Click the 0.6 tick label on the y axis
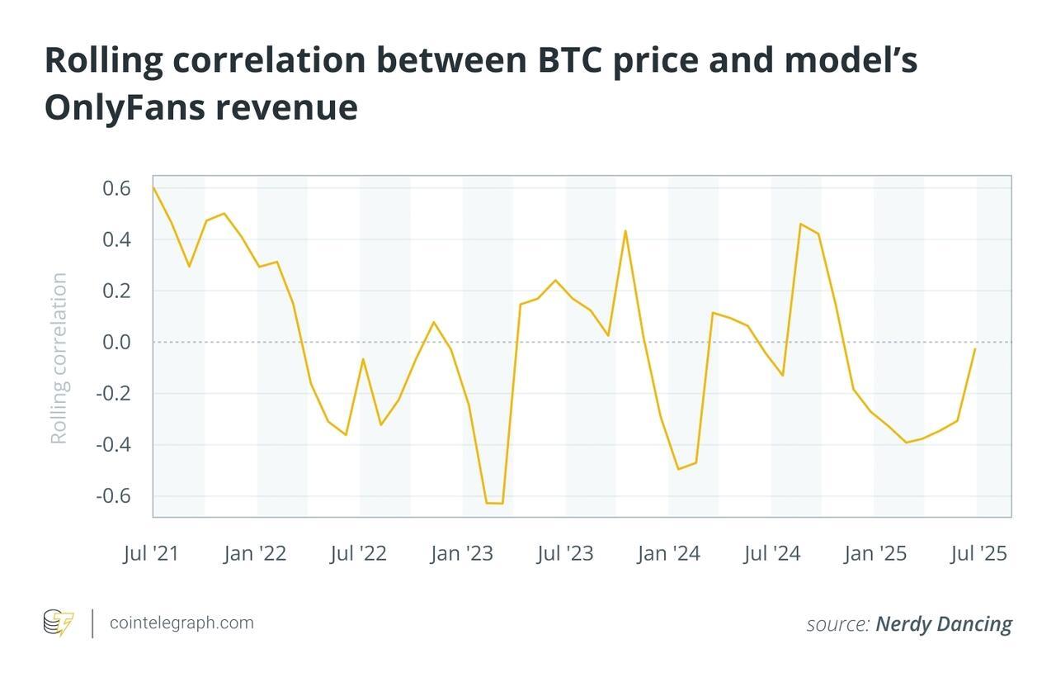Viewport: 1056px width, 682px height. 116,188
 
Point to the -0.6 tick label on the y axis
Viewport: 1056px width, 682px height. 113,496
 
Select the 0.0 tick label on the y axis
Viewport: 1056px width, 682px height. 116,342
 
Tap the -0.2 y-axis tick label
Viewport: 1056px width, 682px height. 113,393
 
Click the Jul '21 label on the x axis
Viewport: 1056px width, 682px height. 151,553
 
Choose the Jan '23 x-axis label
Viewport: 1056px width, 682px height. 461,553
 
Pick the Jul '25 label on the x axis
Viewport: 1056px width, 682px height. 978,553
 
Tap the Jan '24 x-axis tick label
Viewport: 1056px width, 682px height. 668,553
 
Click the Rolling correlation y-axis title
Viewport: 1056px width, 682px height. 59,358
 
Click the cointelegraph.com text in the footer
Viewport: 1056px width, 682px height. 181,623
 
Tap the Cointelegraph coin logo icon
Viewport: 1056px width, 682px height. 59,623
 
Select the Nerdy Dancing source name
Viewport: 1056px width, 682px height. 944,624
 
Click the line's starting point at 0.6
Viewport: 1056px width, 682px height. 154,188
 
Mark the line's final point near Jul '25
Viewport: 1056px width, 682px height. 975,348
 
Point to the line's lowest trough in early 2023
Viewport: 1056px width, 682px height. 494,503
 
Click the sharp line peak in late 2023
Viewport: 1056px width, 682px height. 625,230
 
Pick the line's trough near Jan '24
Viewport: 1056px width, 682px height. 678,469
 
